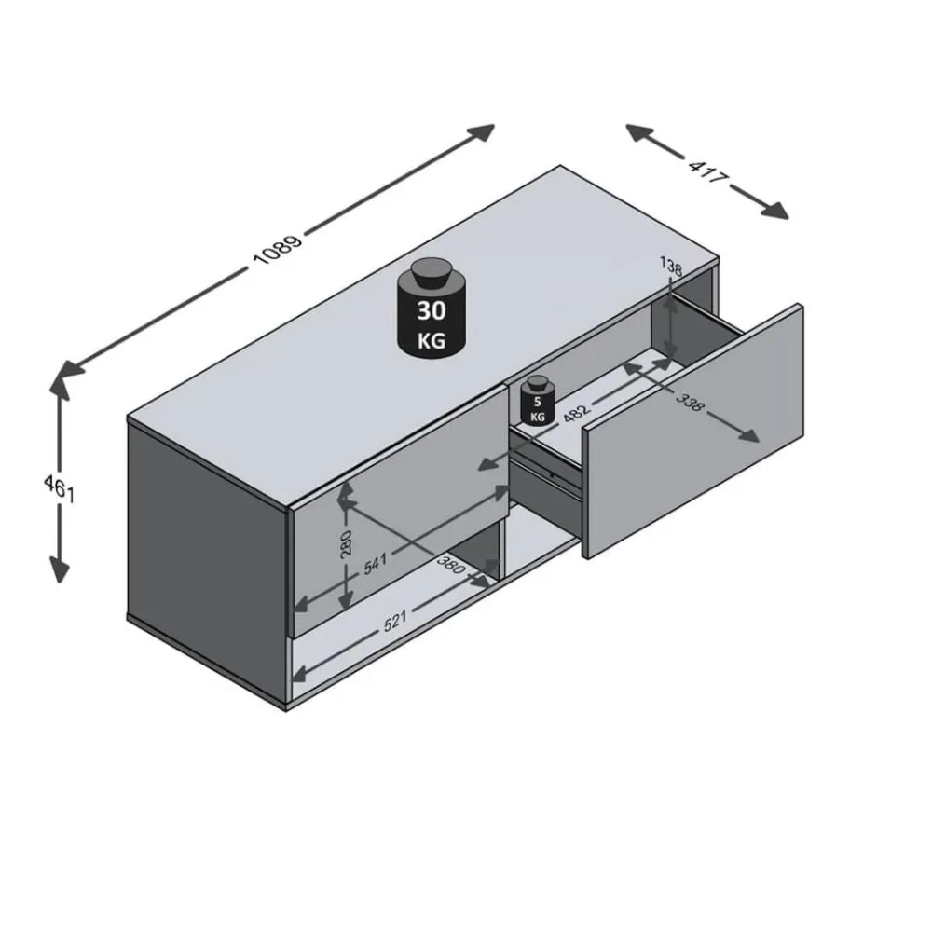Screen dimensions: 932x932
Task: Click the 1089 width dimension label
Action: (x=278, y=249)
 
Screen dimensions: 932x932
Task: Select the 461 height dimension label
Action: (x=59, y=488)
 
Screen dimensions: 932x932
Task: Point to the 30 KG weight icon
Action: (x=432, y=308)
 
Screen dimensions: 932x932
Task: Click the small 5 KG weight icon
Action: (x=538, y=401)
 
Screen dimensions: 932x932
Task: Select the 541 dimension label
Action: (x=375, y=563)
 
